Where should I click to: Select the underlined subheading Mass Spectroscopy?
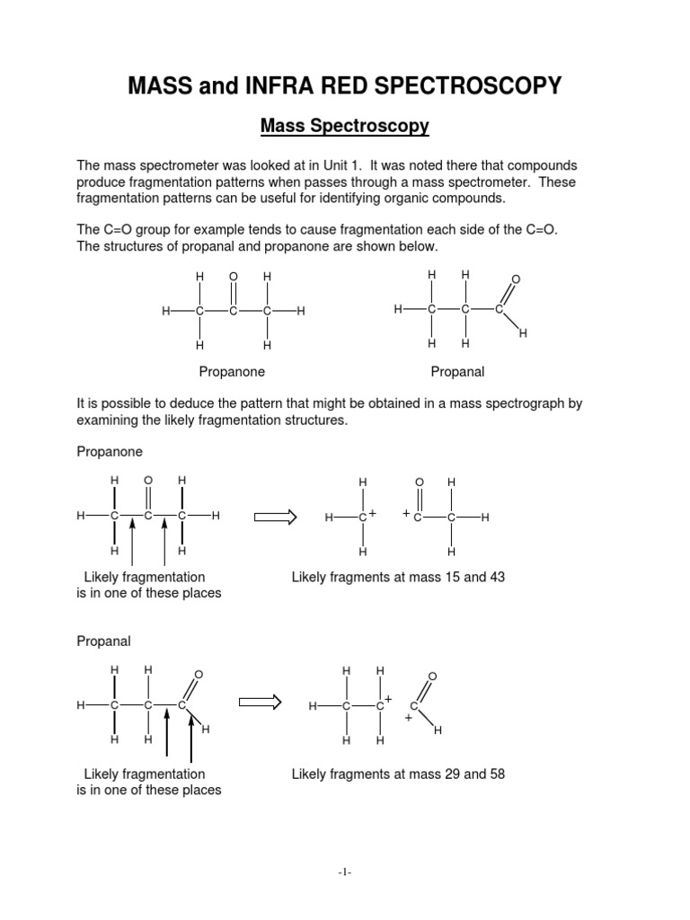click(345, 127)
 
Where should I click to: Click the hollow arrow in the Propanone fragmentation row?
click(276, 517)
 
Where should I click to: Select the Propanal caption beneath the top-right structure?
click(457, 370)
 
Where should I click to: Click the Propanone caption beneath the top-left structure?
click(232, 370)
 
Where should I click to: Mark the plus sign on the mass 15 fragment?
click(371, 512)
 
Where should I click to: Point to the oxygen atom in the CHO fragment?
click(432, 676)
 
